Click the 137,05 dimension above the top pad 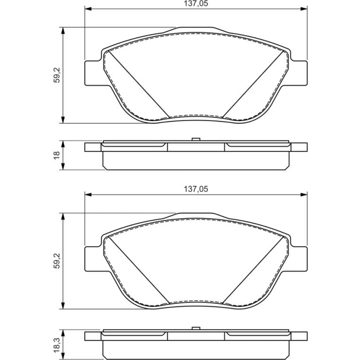tap(196, 4)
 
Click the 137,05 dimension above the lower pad tap(196, 189)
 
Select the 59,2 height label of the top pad tap(57, 75)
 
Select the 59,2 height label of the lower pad tap(57, 261)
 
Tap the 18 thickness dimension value tap(57, 155)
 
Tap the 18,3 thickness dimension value tap(57, 342)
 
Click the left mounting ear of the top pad tap(93, 73)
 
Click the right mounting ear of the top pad tap(299, 73)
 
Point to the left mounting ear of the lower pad tap(93, 259)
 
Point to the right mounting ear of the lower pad tap(299, 259)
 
